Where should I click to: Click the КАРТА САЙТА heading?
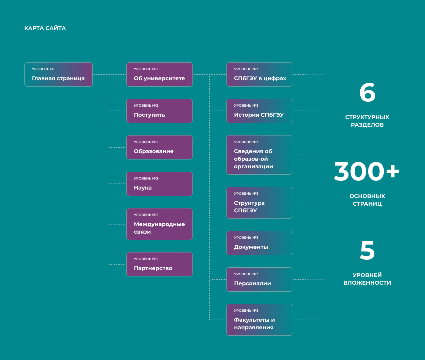(45, 28)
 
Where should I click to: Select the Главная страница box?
(58, 74)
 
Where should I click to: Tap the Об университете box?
(159, 74)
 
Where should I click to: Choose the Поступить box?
(159, 111)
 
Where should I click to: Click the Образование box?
(159, 147)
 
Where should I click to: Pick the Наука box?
(159, 184)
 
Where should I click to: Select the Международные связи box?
(159, 224)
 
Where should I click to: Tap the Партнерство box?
(159, 264)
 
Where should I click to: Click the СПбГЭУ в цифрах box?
(260, 74)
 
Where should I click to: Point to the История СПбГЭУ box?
(260, 111)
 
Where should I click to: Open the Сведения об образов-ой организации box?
(260, 155)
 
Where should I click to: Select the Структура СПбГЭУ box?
(260, 203)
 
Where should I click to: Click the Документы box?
(260, 243)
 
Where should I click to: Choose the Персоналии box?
(260, 279)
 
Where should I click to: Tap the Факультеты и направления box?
(260, 320)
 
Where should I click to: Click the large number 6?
(367, 93)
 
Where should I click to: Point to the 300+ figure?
(367, 171)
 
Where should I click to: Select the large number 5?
(367, 250)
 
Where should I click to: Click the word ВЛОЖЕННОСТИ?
(367, 283)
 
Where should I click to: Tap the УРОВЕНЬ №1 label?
(44, 69)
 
